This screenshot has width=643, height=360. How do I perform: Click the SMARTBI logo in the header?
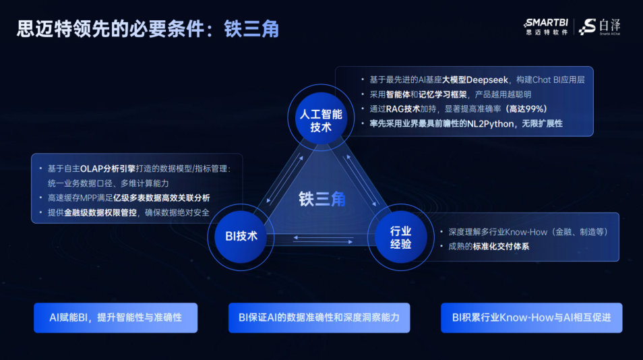(x=546, y=27)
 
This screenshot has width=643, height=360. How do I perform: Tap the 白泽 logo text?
(x=609, y=26)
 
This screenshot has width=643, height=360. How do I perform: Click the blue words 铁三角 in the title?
(x=251, y=29)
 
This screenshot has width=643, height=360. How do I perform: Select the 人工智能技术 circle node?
(x=321, y=118)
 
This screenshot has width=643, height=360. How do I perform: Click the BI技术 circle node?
(x=241, y=237)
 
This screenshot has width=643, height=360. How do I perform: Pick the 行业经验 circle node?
(x=400, y=237)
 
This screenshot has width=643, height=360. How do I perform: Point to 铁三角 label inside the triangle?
(x=322, y=200)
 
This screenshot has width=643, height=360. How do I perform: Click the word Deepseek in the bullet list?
(x=487, y=80)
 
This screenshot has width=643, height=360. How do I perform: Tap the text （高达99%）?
(x=527, y=109)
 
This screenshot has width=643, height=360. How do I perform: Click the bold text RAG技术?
(x=402, y=109)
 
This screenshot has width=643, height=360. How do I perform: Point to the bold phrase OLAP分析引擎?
(x=108, y=169)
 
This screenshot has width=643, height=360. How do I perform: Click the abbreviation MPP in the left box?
(x=88, y=198)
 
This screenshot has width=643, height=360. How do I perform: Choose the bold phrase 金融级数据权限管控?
(x=100, y=213)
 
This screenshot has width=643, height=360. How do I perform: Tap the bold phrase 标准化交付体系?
(x=501, y=247)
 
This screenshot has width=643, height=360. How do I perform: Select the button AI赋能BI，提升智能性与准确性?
(x=116, y=318)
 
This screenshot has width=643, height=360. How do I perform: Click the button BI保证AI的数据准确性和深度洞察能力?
(x=319, y=318)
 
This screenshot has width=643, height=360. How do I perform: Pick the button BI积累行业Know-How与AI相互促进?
(x=532, y=318)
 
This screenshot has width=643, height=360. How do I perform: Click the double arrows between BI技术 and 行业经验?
(x=323, y=240)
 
